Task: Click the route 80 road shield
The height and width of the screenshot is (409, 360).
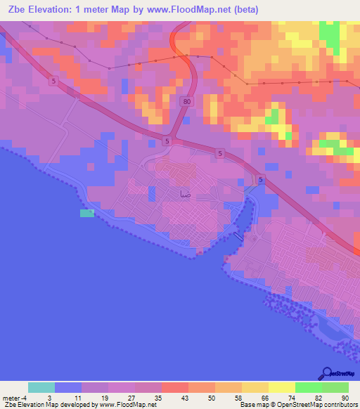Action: coord(186,102)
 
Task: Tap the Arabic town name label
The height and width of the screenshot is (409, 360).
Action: coord(184,192)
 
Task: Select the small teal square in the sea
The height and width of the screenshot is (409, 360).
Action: coord(86,213)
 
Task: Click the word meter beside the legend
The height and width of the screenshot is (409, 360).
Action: coord(11,397)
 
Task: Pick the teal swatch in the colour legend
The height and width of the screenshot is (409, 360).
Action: coord(41,387)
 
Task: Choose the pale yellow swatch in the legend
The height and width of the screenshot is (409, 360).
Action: coord(282,387)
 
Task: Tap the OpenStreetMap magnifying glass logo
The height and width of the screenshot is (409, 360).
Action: coord(327,374)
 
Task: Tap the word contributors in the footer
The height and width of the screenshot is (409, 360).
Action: coord(340,405)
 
